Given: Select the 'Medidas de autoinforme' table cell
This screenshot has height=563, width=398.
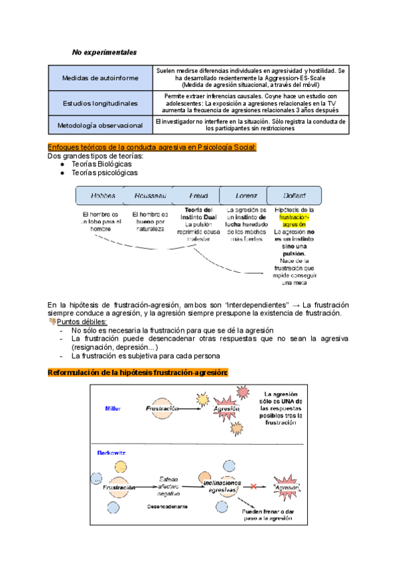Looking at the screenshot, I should (x=100, y=78).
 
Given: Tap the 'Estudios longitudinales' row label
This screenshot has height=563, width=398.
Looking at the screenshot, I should (x=100, y=103).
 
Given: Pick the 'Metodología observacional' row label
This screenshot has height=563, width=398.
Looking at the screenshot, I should (x=100, y=124).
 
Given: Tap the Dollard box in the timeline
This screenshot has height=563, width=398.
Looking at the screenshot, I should (x=293, y=196).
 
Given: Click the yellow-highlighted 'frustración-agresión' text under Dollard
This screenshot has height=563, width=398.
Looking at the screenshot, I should (x=294, y=221).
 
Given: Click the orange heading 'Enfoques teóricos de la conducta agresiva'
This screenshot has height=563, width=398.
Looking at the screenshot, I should (x=152, y=147).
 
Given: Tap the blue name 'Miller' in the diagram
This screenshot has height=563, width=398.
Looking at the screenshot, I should (x=113, y=408).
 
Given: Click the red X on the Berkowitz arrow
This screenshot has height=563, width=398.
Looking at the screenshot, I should (x=253, y=487).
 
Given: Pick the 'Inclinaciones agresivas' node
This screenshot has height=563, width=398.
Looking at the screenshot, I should (x=219, y=485).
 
